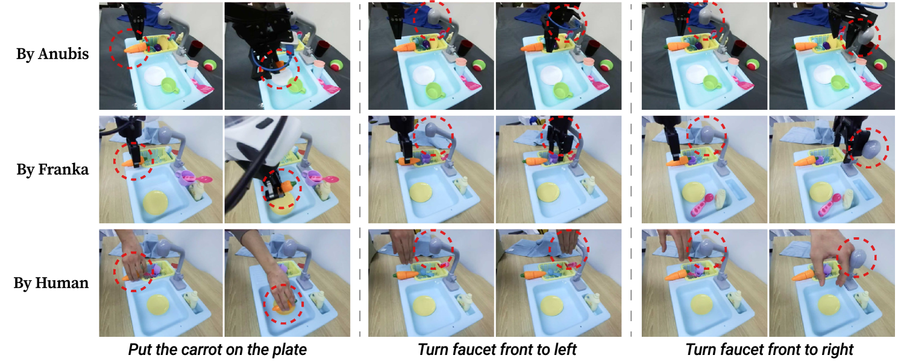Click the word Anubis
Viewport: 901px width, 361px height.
tap(63, 54)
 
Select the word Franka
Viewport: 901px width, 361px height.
tap(63, 169)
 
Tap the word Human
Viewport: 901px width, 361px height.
tap(62, 283)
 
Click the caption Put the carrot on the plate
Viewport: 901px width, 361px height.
tap(218, 350)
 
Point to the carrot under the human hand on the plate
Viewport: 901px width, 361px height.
tap(281, 307)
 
